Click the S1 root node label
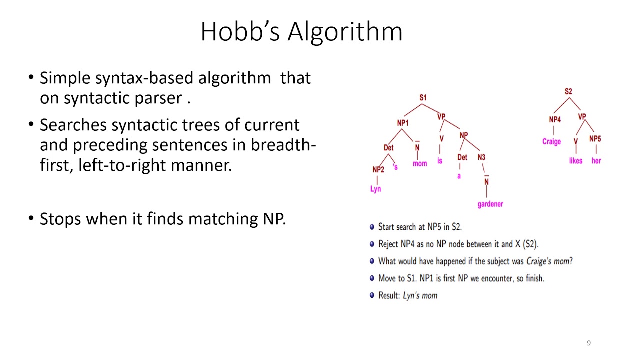423,98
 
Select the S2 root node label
568,91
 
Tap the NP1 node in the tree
403,123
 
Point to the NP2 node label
378,170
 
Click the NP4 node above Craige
555,119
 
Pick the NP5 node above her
595,139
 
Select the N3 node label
481,157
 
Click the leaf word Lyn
375,189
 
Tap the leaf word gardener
490,204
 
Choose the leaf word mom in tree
420,164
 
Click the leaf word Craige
551,141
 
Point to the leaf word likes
575,161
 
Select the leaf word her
596,161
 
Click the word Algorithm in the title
345,32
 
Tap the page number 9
589,343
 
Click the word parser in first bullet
158,98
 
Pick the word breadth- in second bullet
283,145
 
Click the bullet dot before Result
372,295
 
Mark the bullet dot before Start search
372,227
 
